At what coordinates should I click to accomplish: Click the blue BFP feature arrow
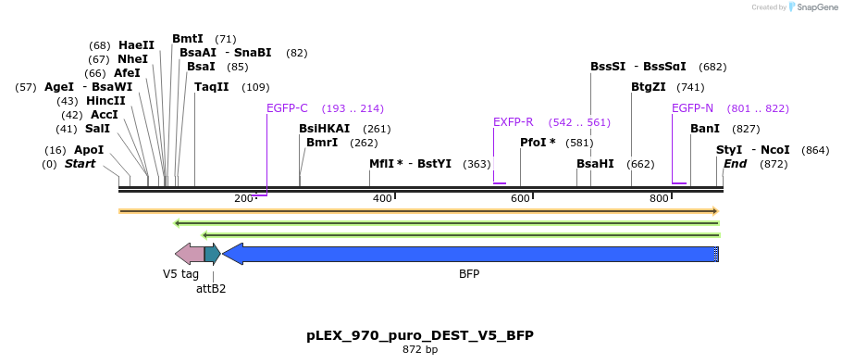point(470,254)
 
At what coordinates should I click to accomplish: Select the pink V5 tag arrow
point(189,254)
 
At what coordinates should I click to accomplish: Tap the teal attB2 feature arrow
point(212,254)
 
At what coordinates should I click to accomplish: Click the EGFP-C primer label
point(287,108)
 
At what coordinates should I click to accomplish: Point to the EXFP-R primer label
point(513,122)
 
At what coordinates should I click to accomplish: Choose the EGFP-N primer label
point(692,108)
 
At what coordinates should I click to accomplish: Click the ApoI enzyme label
point(89,150)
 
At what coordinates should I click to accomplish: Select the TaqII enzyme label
point(211,87)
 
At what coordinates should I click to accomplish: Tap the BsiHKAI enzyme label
point(324,129)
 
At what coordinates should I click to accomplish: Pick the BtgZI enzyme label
point(648,87)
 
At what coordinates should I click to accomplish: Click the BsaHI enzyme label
point(595,164)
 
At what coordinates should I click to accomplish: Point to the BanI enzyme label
point(704,129)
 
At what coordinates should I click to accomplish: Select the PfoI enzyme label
point(538,143)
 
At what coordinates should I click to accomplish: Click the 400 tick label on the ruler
point(382,199)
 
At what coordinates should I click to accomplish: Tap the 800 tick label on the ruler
point(659,199)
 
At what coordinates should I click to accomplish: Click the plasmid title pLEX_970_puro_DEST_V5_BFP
point(420,335)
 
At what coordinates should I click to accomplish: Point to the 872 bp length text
point(420,350)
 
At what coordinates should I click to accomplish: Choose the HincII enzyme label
point(105,101)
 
